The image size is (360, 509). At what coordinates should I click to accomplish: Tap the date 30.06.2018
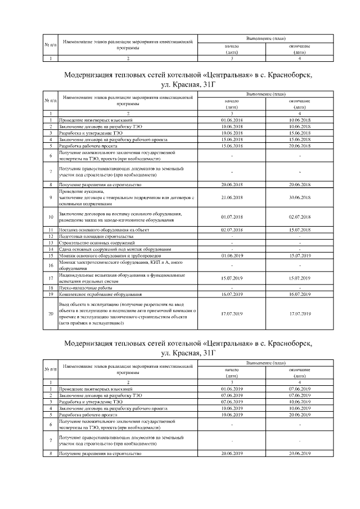tap(299, 197)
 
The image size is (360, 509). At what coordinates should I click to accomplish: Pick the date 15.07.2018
tap(299, 230)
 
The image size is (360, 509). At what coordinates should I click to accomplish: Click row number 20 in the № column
tap(51, 313)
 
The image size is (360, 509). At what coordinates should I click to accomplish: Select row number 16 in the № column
tap(51, 265)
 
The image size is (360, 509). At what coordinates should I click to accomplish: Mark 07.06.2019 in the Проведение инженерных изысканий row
tap(299, 389)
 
